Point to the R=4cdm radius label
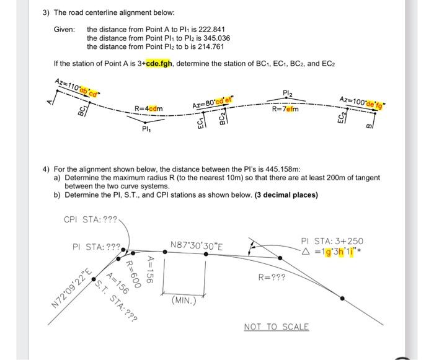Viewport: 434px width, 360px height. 149,109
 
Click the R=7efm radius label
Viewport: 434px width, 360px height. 285,109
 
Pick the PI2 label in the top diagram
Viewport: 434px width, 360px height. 288,94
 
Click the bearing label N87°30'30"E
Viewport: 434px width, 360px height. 197,246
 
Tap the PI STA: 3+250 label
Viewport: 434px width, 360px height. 332,241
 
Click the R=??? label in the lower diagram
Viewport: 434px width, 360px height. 272,278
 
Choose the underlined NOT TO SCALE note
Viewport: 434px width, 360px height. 276,327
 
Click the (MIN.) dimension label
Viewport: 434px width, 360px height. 184,301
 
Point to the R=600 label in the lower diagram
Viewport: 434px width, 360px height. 131,271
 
